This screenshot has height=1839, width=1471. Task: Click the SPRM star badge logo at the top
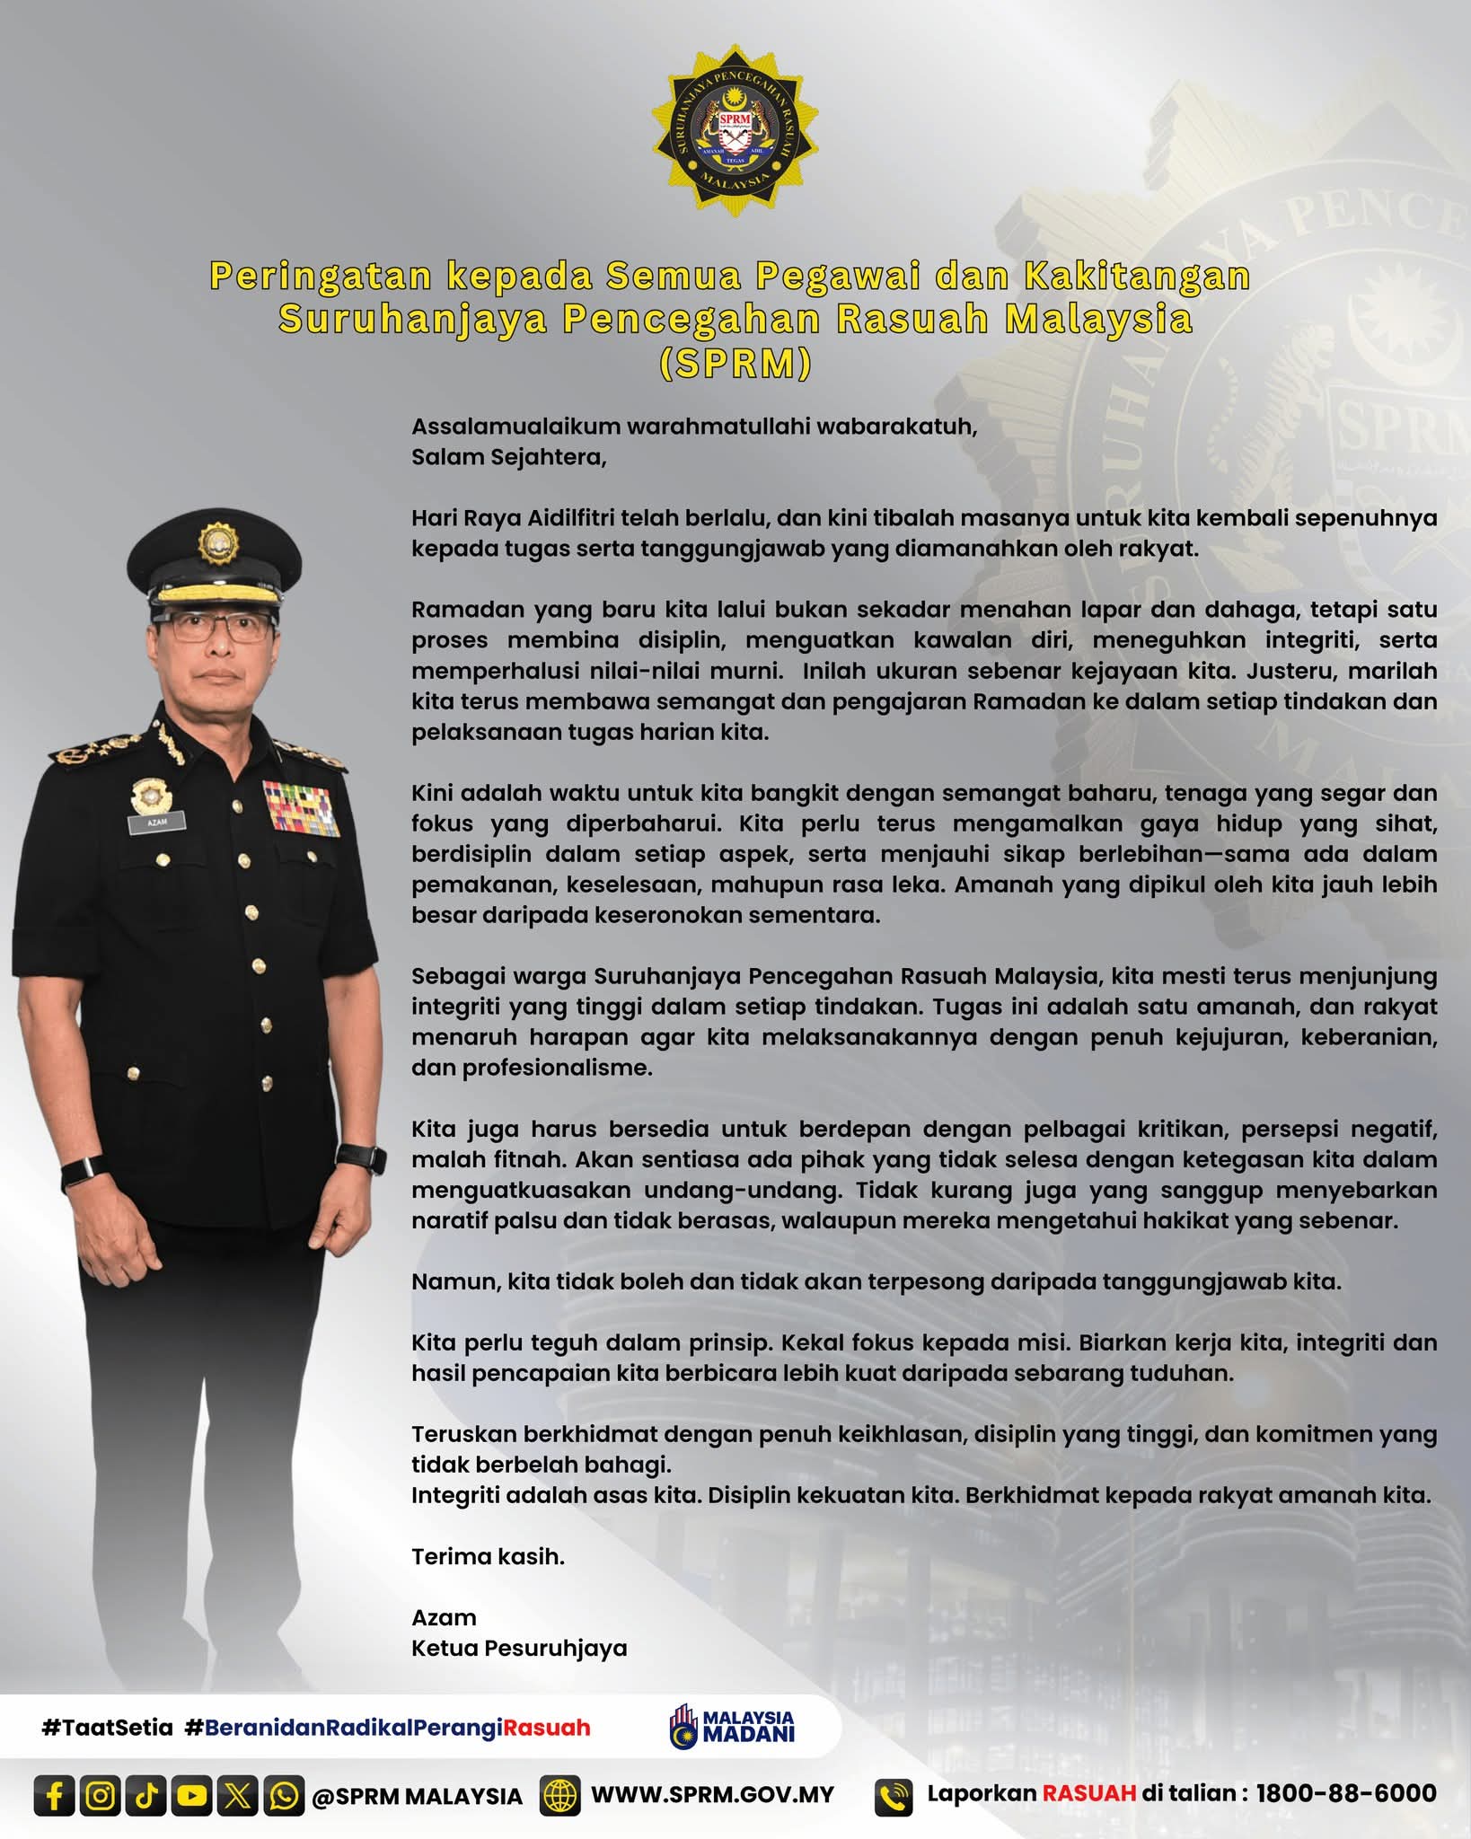coord(735,130)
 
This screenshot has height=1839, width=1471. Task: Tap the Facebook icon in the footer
coord(55,1795)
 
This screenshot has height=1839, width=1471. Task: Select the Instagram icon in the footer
coord(101,1795)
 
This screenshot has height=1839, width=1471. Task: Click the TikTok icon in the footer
coord(146,1795)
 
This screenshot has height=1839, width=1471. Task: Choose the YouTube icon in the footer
coord(192,1795)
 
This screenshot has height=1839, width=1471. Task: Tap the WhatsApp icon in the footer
coord(285,1795)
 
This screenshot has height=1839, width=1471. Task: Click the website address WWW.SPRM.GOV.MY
coord(712,1795)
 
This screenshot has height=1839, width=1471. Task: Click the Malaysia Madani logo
coord(732,1726)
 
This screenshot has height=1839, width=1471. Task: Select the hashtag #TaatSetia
coord(107,1728)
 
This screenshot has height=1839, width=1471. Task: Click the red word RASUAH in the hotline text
coord(1088,1793)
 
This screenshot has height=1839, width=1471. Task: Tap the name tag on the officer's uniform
coord(157,822)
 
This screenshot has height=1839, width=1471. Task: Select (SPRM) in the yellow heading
coord(735,363)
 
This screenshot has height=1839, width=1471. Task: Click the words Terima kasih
coord(488,1556)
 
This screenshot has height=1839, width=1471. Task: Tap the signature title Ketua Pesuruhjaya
coord(519,1648)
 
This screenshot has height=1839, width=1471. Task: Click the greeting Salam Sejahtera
coord(508,457)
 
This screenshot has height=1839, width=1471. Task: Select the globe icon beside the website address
coord(559,1795)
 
